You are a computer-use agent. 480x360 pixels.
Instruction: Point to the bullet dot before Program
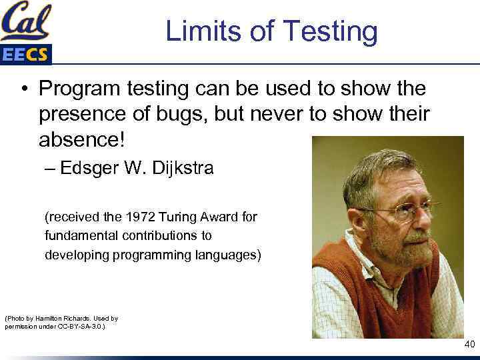(x=23, y=89)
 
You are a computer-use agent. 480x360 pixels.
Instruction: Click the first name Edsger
(x=85, y=168)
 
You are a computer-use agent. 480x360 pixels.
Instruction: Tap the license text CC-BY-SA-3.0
(x=81, y=327)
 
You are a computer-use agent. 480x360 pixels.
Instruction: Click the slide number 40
(x=469, y=344)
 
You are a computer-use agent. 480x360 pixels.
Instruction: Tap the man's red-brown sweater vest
(x=373, y=293)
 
